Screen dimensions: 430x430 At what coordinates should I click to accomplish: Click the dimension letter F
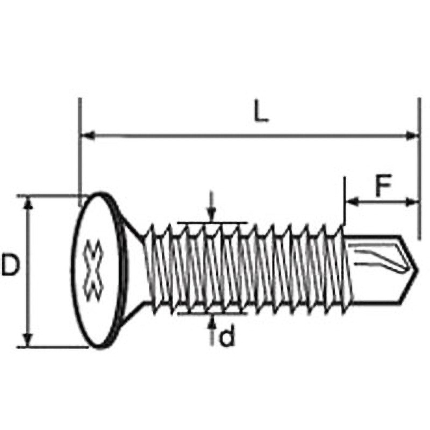tap(383, 187)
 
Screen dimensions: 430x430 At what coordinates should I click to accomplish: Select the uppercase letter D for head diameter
tap(11, 265)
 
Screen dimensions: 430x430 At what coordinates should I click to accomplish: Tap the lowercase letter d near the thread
tap(228, 337)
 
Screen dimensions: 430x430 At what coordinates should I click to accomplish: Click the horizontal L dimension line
tap(247, 134)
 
